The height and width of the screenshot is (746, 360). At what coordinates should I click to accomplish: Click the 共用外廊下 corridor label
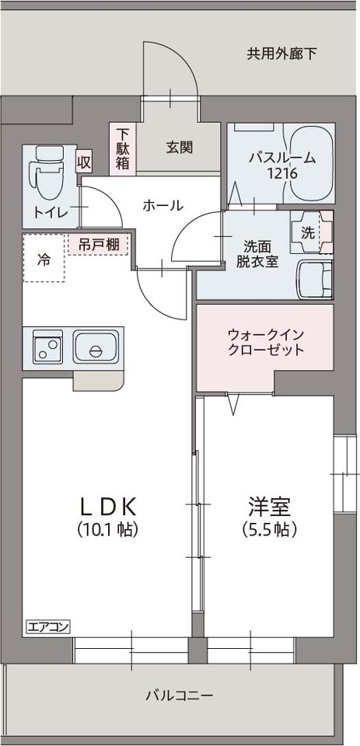click(x=281, y=54)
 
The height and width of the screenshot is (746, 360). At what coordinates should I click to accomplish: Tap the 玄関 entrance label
click(x=179, y=147)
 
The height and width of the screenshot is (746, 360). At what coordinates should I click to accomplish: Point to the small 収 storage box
click(x=83, y=162)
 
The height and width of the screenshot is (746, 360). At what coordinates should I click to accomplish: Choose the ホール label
click(x=163, y=205)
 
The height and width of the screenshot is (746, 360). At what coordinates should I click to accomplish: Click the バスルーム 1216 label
click(x=281, y=166)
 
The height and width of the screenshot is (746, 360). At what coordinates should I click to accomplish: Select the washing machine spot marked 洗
click(x=308, y=232)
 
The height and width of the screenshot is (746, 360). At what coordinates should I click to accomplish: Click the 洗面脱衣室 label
click(x=257, y=254)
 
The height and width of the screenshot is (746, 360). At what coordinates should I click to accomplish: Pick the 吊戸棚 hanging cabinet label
click(x=99, y=244)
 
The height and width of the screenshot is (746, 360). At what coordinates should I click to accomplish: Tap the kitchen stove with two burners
click(x=48, y=347)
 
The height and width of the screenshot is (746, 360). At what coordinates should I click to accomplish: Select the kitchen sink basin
click(x=96, y=348)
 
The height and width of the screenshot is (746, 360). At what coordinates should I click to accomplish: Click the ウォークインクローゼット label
click(x=265, y=342)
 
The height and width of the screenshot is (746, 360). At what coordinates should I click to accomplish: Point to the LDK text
click(x=109, y=507)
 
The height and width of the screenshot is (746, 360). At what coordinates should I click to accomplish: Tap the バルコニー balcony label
click(x=179, y=695)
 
